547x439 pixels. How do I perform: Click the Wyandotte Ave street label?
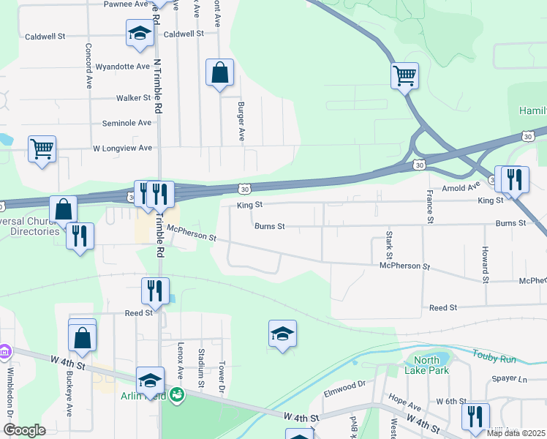pyautogui.click(x=123, y=66)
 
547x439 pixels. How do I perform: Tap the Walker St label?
pyautogui.click(x=133, y=97)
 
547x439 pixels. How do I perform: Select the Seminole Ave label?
pyautogui.click(x=127, y=123)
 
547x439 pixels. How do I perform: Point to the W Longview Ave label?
pyautogui.click(x=122, y=148)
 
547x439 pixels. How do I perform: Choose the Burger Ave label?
pyautogui.click(x=241, y=121)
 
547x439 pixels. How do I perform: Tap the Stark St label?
pyautogui.click(x=388, y=246)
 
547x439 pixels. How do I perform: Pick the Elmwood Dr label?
pyautogui.click(x=344, y=385)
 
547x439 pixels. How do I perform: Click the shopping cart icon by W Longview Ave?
pyautogui.click(x=42, y=149)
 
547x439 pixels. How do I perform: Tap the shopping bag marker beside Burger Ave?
pyautogui.click(x=219, y=72)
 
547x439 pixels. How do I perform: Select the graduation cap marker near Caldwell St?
pyautogui.click(x=140, y=33)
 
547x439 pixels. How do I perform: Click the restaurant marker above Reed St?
pyautogui.click(x=154, y=290)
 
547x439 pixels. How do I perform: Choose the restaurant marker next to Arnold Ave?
pyautogui.click(x=515, y=179)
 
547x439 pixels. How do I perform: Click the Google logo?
pyautogui.click(x=24, y=430)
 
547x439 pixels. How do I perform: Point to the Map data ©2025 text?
pyautogui.click(x=516, y=433)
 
